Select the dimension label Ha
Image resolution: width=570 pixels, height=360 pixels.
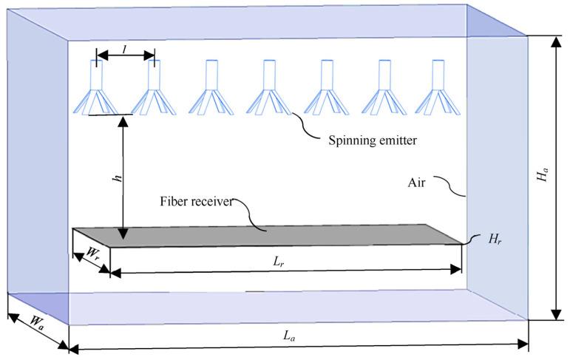pos(543,176)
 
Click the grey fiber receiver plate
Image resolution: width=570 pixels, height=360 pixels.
pos(281,235)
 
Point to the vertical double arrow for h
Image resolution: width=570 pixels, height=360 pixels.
pos(123,177)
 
